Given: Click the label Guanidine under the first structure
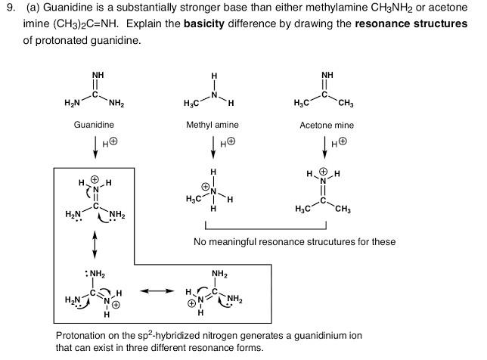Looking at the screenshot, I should tap(94, 124).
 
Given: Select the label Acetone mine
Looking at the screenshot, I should tap(327, 125).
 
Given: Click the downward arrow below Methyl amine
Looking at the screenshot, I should tap(213, 144).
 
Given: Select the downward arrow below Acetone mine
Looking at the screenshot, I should tap(327, 144).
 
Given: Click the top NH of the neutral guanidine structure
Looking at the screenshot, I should tap(98, 75).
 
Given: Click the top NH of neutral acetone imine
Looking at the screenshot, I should tap(327, 75).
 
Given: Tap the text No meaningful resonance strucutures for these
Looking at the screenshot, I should tap(295, 242).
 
